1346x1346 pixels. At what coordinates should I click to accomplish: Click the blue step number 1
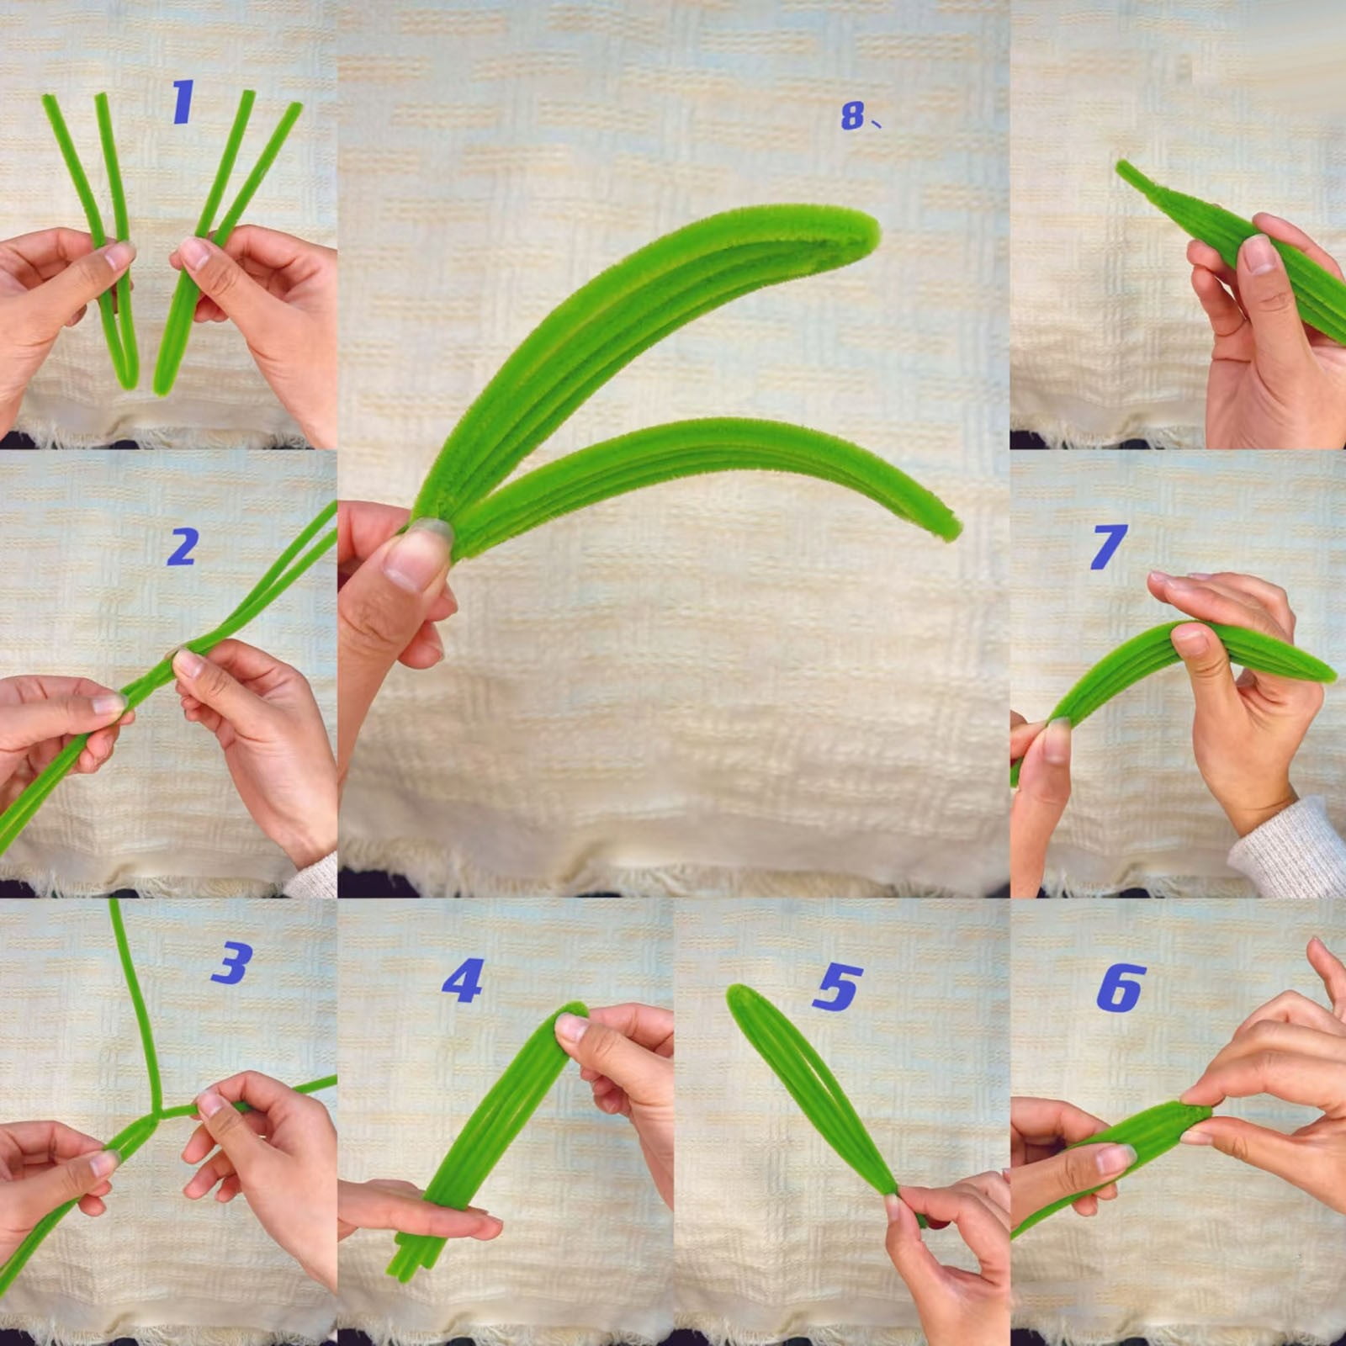(183, 102)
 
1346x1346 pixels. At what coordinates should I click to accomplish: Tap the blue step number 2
(183, 547)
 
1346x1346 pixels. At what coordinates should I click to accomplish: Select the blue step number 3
(232, 962)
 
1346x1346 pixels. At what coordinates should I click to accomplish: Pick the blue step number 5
(838, 986)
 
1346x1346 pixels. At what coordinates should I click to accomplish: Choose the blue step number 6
(1121, 988)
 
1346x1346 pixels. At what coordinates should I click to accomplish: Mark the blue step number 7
(1108, 546)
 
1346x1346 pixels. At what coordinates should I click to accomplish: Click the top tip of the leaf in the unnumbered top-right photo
(1122, 166)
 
